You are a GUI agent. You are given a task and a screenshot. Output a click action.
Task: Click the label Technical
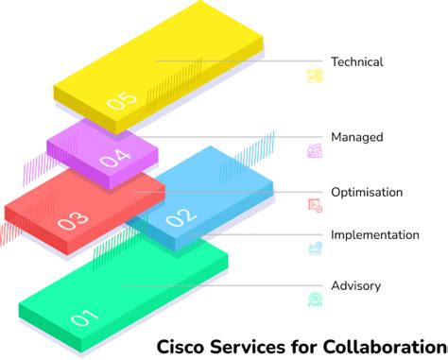pyautogui.click(x=356, y=62)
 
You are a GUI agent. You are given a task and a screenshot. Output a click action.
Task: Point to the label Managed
pyautogui.click(x=356, y=137)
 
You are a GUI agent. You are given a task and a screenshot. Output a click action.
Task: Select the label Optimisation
pyautogui.click(x=367, y=192)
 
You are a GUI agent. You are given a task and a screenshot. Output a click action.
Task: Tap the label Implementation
pyautogui.click(x=374, y=234)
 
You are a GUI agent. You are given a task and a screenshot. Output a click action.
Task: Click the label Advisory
pyautogui.click(x=355, y=285)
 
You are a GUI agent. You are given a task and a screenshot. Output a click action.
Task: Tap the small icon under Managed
pyautogui.click(x=315, y=150)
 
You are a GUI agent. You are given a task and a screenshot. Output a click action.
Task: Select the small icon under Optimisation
pyautogui.click(x=315, y=205)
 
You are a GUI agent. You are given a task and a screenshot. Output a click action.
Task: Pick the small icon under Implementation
pyautogui.click(x=315, y=249)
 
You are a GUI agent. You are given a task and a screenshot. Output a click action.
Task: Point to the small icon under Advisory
pyautogui.click(x=315, y=300)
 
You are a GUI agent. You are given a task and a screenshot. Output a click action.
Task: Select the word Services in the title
pyautogui.click(x=242, y=346)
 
